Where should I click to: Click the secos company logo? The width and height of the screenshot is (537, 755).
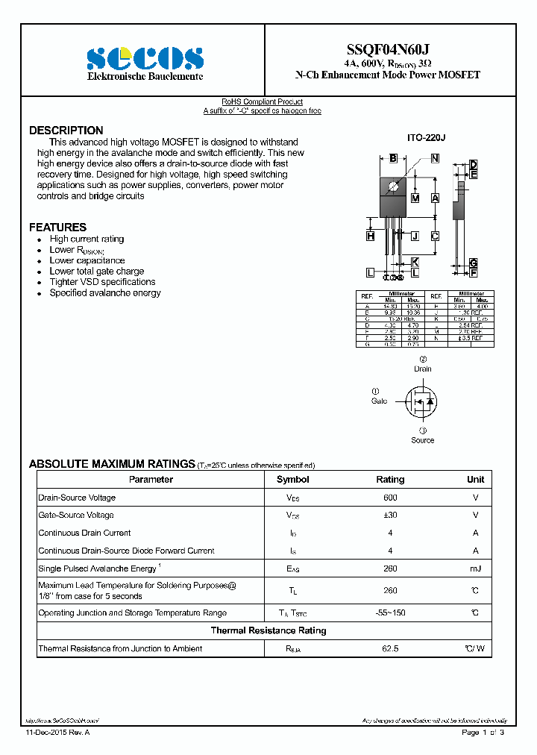(x=144, y=59)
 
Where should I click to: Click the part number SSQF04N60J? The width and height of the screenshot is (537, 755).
(x=387, y=49)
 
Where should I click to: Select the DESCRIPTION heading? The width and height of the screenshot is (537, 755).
(x=66, y=131)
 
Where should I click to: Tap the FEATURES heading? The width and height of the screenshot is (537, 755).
(x=58, y=227)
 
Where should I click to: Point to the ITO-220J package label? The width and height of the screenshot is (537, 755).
(x=425, y=138)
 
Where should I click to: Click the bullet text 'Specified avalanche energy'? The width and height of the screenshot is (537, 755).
(x=105, y=293)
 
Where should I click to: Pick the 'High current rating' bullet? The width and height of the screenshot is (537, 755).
(x=87, y=239)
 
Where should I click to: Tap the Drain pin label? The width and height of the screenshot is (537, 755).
(x=423, y=369)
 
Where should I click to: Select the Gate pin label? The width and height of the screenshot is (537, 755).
(x=379, y=401)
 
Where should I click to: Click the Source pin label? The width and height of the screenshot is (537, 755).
(x=422, y=440)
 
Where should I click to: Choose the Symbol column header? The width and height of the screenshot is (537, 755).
(x=292, y=480)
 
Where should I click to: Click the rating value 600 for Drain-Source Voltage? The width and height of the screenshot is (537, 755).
(x=390, y=498)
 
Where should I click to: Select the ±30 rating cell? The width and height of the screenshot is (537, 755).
(x=390, y=516)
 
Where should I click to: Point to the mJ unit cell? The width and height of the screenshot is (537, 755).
(x=475, y=569)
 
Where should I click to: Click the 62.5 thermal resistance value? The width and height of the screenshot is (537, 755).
(x=390, y=649)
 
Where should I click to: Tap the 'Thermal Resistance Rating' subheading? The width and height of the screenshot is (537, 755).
(x=268, y=631)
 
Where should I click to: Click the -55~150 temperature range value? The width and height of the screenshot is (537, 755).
(x=390, y=613)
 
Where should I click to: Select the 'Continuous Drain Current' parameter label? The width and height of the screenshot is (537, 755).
(x=84, y=533)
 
